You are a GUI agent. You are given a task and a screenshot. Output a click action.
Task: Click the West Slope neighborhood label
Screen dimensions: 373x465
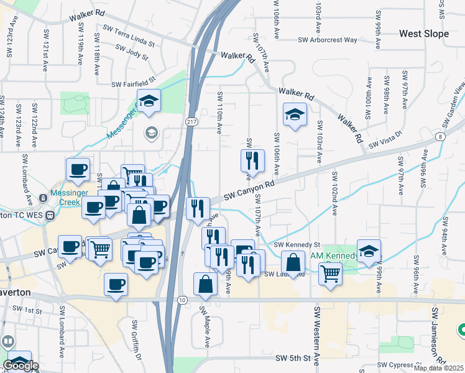click(x=423, y=34)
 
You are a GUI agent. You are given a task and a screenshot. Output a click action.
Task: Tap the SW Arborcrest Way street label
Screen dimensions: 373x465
click(x=328, y=40)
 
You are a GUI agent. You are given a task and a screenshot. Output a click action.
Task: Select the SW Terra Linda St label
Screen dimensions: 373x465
click(x=130, y=39)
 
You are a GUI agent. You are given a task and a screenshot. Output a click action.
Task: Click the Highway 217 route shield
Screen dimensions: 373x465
click(x=191, y=122)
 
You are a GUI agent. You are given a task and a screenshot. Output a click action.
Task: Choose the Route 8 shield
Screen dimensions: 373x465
click(x=440, y=136)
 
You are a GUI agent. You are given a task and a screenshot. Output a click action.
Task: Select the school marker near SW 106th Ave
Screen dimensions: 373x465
click(x=295, y=114)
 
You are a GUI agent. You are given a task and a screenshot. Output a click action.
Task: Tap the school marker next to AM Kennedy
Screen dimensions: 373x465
click(x=369, y=251)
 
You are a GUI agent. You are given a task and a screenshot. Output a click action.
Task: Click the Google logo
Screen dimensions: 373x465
click(x=21, y=366)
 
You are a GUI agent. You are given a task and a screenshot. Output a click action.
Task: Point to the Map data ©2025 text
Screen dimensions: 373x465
click(x=438, y=368)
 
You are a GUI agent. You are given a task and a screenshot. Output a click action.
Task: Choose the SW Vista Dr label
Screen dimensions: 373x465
click(x=385, y=144)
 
